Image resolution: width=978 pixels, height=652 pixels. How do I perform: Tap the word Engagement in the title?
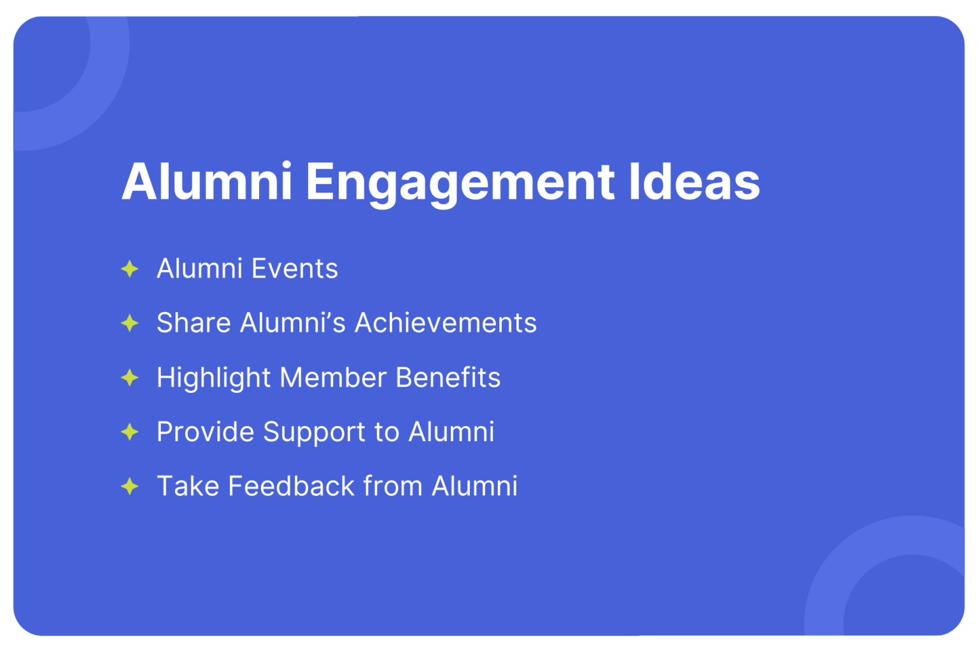(x=460, y=183)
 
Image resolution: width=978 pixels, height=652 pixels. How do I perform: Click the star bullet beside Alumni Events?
(x=130, y=269)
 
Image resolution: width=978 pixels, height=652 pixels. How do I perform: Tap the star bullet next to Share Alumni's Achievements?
(x=130, y=323)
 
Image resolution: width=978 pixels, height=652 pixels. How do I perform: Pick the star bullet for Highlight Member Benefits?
(x=130, y=378)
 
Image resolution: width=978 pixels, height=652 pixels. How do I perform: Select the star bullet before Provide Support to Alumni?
(x=130, y=432)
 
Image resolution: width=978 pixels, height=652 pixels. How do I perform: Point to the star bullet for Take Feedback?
(x=130, y=486)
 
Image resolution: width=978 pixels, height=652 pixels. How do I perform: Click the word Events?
(x=294, y=269)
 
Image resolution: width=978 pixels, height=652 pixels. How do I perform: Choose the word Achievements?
(x=446, y=323)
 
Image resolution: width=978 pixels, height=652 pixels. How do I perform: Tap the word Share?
(x=194, y=323)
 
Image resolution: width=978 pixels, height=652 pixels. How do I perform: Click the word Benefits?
(x=448, y=378)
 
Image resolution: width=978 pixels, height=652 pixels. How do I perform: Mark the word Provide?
(x=206, y=432)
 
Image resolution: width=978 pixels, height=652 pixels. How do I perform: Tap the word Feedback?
(x=291, y=486)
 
